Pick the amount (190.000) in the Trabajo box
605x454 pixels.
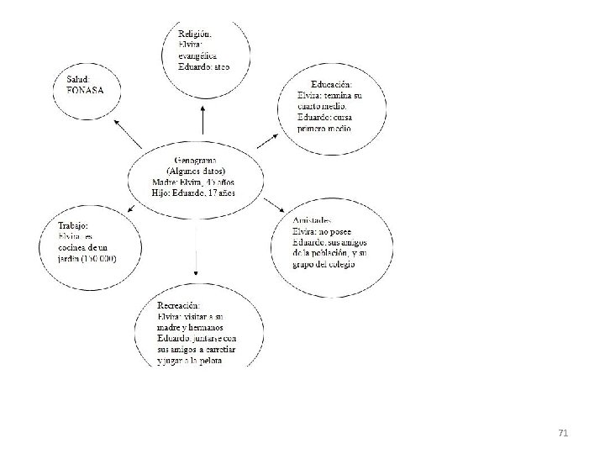click(99, 258)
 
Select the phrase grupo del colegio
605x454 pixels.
click(324, 265)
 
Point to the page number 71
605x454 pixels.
click(563, 432)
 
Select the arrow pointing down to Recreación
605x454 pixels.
click(195, 252)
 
